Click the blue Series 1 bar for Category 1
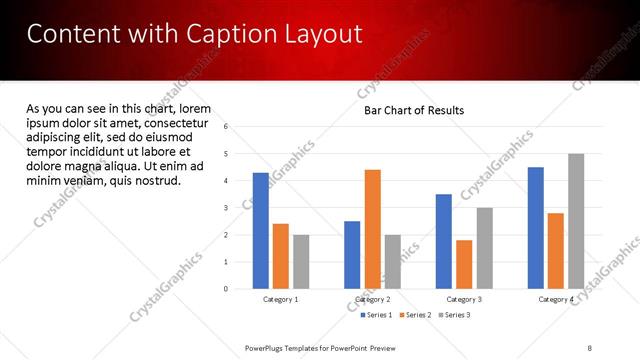(x=261, y=231)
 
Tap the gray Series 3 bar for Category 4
(x=576, y=221)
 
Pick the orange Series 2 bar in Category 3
(x=464, y=264)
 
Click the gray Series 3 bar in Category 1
(x=301, y=262)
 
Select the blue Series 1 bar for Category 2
(x=352, y=255)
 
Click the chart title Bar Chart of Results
(x=414, y=110)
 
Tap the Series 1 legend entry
(x=377, y=315)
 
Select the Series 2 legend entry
(x=416, y=315)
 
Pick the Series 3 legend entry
(x=455, y=315)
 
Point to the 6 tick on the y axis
(x=227, y=127)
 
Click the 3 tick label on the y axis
(x=227, y=208)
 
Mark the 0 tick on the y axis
(x=227, y=289)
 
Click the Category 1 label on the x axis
(x=281, y=300)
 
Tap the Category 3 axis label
(x=464, y=300)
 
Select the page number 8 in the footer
(x=591, y=347)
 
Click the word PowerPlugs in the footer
(x=267, y=347)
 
